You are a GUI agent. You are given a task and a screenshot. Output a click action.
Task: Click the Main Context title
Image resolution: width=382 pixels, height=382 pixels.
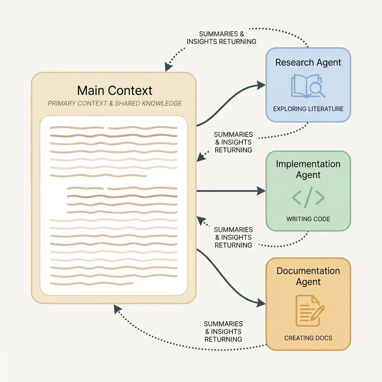point(115,91)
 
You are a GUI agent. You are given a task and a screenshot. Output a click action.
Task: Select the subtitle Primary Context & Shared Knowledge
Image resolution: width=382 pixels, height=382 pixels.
point(115,103)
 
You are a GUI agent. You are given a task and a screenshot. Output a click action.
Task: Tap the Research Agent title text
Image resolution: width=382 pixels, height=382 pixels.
point(308,62)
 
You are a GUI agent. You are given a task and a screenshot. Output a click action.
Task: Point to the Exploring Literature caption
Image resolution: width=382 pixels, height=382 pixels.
point(308,109)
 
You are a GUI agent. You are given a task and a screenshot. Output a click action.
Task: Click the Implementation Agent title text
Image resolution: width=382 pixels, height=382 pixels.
point(308,169)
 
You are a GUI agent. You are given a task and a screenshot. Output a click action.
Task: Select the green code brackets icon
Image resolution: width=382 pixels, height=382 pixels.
point(308,198)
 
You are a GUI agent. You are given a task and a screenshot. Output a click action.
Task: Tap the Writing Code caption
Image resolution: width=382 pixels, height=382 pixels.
point(308,219)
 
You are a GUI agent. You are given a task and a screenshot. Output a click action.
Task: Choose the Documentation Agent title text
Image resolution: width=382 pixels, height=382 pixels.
point(308,276)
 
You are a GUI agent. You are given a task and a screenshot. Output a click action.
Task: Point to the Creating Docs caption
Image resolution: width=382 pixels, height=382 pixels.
point(308,338)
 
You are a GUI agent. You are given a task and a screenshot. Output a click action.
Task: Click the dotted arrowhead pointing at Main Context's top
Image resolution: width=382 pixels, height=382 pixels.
point(168,68)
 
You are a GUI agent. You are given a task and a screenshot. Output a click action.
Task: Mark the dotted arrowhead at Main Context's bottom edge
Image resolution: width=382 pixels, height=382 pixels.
point(117,308)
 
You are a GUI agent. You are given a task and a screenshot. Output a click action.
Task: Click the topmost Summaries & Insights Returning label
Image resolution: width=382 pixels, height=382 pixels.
point(221,38)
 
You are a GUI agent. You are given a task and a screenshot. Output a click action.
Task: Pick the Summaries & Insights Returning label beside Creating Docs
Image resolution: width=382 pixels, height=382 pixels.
point(223,332)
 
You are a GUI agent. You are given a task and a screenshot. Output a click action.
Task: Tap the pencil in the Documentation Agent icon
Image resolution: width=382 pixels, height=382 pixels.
point(317,313)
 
